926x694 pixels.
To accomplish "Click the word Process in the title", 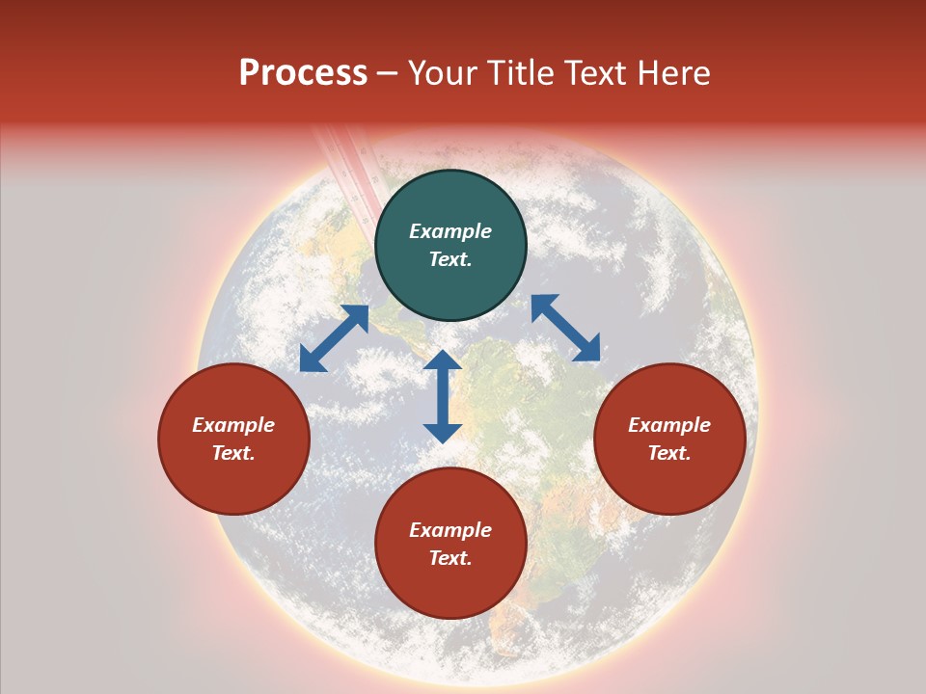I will pyautogui.click(x=303, y=73).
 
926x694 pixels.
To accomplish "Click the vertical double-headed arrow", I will pyautogui.click(x=443, y=396).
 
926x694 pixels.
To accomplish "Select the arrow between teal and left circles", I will pyautogui.click(x=334, y=338).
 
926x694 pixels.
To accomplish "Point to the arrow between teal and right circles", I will pyautogui.click(x=565, y=328).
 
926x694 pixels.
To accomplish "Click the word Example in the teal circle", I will pyautogui.click(x=450, y=231).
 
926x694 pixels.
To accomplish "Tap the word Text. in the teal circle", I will pyautogui.click(x=450, y=259).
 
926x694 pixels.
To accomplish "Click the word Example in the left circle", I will pyautogui.click(x=233, y=425).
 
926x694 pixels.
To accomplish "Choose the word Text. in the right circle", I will pyautogui.click(x=669, y=453).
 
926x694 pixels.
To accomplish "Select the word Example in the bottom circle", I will pyautogui.click(x=450, y=530).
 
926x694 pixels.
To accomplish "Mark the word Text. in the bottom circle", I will pyautogui.click(x=450, y=558).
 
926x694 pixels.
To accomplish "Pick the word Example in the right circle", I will pyautogui.click(x=669, y=425).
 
